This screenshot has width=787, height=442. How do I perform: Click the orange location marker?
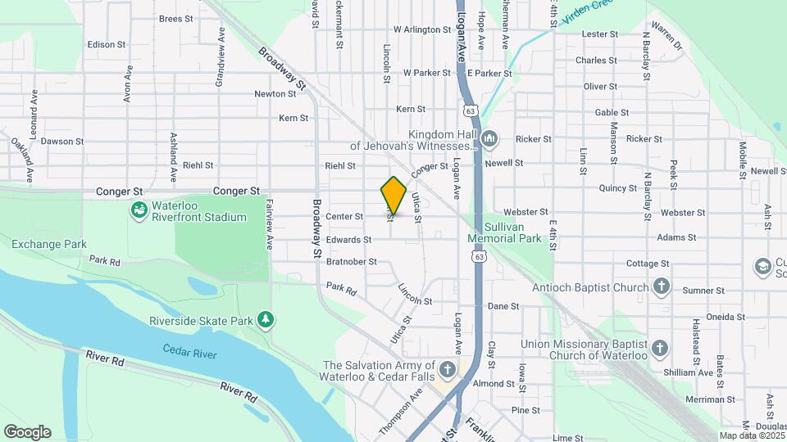tap(393, 195)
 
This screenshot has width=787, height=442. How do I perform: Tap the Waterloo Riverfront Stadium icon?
tap(139, 210)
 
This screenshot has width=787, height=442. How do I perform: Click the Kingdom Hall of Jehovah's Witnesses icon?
tap(489, 138)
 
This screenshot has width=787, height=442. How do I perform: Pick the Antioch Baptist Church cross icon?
tap(662, 286)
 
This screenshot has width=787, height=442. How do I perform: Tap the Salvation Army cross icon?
tap(447, 370)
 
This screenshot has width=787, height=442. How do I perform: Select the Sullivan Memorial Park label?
tap(504, 232)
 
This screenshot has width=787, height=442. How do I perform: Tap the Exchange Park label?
tap(49, 244)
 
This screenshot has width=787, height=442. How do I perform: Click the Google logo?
tap(27, 431)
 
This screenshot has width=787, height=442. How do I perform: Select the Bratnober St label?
tap(351, 262)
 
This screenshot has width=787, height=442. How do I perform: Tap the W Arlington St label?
tap(422, 29)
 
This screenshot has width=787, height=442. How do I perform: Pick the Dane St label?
tap(503, 306)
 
